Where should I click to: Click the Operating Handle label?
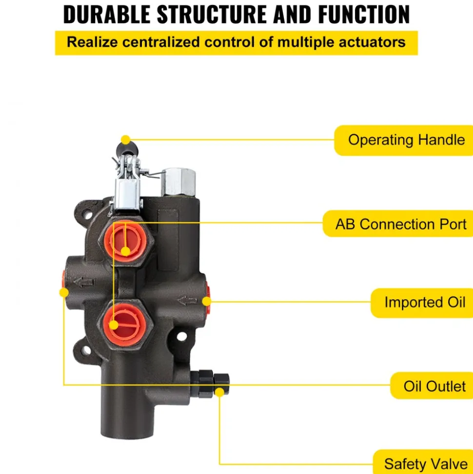[x=406, y=140]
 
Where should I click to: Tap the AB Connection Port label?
[x=401, y=224]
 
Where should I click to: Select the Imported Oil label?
[x=425, y=302]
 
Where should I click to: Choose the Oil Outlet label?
[x=434, y=386]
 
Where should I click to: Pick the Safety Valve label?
[x=426, y=464]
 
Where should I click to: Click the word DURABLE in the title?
[x=107, y=14]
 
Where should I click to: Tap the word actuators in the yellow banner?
[x=372, y=42]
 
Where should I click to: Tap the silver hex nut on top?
[x=178, y=182]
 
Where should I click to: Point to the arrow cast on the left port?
[x=84, y=282]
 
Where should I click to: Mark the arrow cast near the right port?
[x=187, y=301]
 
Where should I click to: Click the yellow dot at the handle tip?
[x=126, y=140]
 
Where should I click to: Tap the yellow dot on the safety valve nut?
[x=219, y=392]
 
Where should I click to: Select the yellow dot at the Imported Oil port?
[x=207, y=301]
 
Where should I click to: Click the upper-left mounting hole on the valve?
[x=88, y=215]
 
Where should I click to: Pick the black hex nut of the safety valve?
[x=221, y=384]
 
